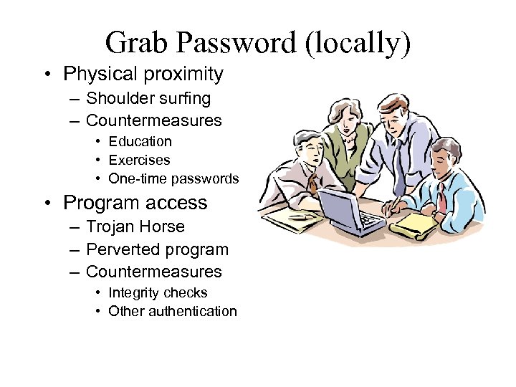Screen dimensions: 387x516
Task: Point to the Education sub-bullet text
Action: pos(140,141)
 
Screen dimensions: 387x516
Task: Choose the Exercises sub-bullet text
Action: pos(139,159)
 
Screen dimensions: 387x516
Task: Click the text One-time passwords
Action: pos(173,178)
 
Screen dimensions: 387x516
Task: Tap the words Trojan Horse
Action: pos(135,226)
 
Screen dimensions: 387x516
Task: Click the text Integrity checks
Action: pos(158,292)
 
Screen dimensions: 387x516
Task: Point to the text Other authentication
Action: pos(172,311)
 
